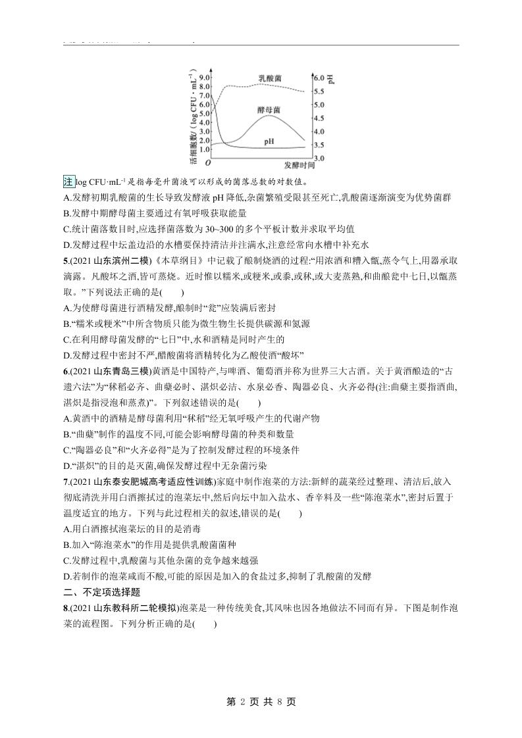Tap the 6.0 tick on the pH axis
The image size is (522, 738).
[x=319, y=77]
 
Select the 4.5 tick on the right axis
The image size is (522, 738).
[x=319, y=118]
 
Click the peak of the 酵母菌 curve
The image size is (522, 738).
[x=269, y=116]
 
